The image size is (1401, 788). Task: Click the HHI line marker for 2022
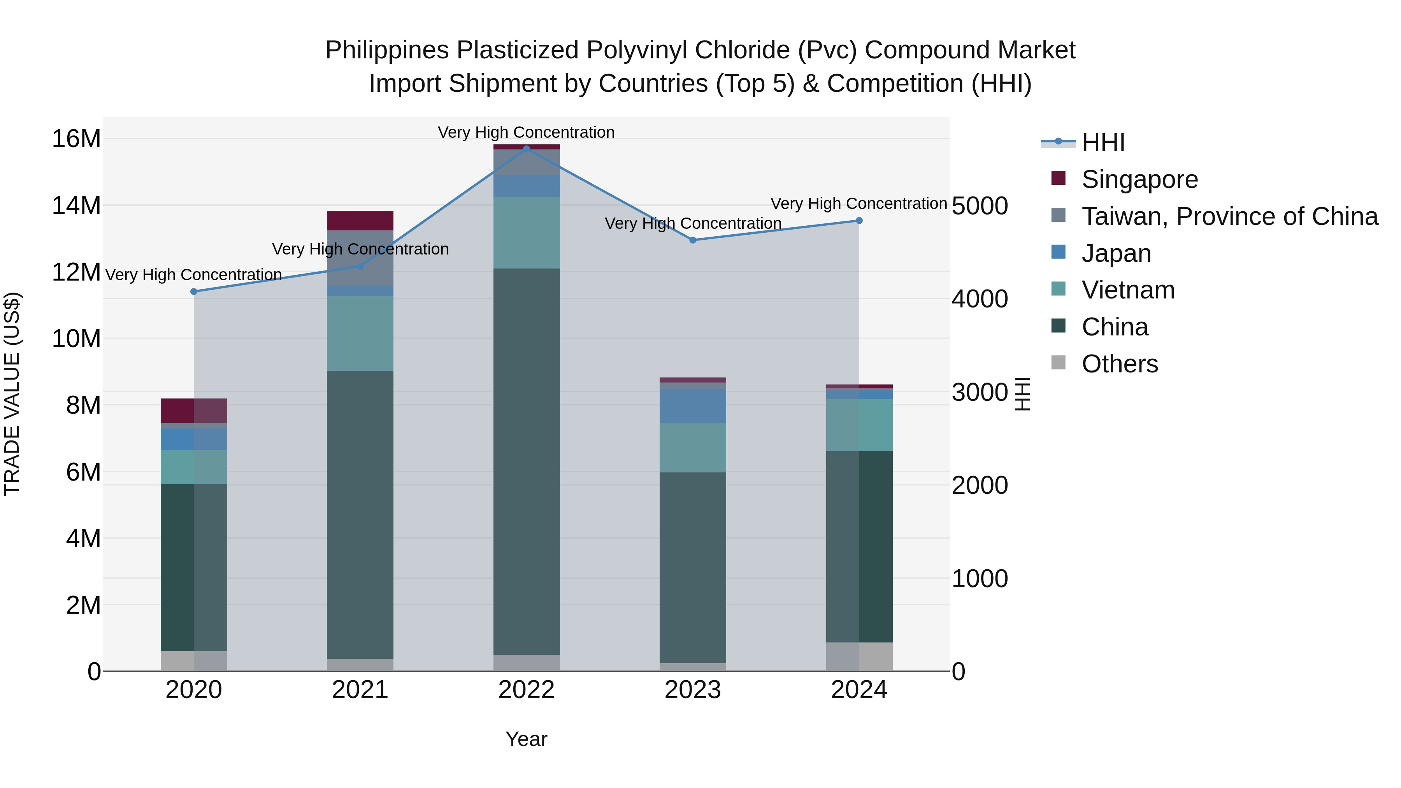pos(526,149)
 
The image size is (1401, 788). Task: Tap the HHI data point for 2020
pos(194,291)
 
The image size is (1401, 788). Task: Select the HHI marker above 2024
pos(859,220)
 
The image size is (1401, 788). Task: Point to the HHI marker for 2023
pos(692,240)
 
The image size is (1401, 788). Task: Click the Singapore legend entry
pos(1139,179)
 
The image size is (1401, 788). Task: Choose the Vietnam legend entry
pos(1128,290)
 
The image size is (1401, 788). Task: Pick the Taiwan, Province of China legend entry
pos(1229,216)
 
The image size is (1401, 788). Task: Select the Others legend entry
pos(1119,364)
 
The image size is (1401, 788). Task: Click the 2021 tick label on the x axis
pos(360,690)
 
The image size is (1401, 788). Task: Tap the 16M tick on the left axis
pos(76,139)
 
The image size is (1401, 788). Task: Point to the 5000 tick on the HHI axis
pos(980,206)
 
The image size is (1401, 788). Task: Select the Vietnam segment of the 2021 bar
pos(360,333)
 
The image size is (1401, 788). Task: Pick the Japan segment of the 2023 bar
pos(692,406)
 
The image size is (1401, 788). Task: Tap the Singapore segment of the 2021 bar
pos(360,220)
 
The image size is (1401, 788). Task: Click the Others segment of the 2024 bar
pos(859,656)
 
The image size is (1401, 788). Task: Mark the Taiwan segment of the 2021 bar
pos(360,258)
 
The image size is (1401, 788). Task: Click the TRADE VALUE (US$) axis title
pos(12,394)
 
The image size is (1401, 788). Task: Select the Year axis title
pos(526,739)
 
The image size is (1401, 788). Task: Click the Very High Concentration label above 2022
pos(526,132)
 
